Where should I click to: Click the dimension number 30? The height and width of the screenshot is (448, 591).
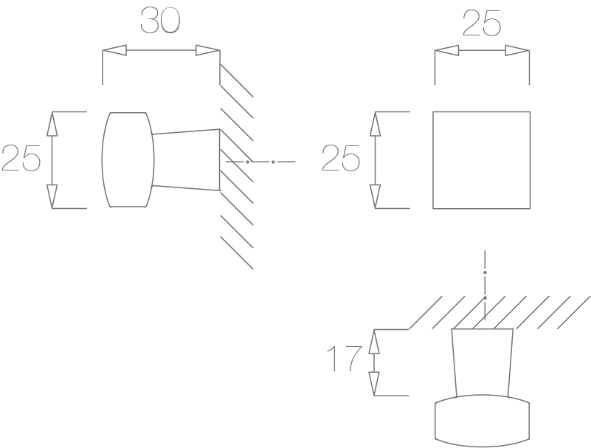coord(160,21)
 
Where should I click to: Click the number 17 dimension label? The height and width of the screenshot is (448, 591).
coord(344,359)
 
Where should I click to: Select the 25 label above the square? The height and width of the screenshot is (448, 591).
coord(481,24)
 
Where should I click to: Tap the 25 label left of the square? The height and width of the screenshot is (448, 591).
coord(340,158)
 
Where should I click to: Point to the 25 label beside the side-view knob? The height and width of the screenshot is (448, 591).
coord(21,158)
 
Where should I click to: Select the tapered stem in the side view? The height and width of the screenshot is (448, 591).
coord(185,160)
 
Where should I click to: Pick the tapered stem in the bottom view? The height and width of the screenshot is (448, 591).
coord(482,363)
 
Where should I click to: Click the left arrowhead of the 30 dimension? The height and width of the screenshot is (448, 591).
coord(114,50)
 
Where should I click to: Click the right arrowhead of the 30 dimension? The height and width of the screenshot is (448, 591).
coord(207,50)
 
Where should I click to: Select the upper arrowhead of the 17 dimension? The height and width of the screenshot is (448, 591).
coord(374,341)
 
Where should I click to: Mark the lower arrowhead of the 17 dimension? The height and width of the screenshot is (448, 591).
coord(374,384)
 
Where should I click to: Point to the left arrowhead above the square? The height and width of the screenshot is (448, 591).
coord(447,50)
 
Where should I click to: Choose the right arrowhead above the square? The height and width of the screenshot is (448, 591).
coord(517,50)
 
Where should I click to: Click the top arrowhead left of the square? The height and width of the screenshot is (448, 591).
coord(375,124)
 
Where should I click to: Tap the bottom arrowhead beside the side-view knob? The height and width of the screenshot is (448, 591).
coord(52,196)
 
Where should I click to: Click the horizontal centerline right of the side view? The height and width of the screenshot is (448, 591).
coord(260,162)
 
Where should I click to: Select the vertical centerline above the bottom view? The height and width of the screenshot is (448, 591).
coord(485,285)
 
